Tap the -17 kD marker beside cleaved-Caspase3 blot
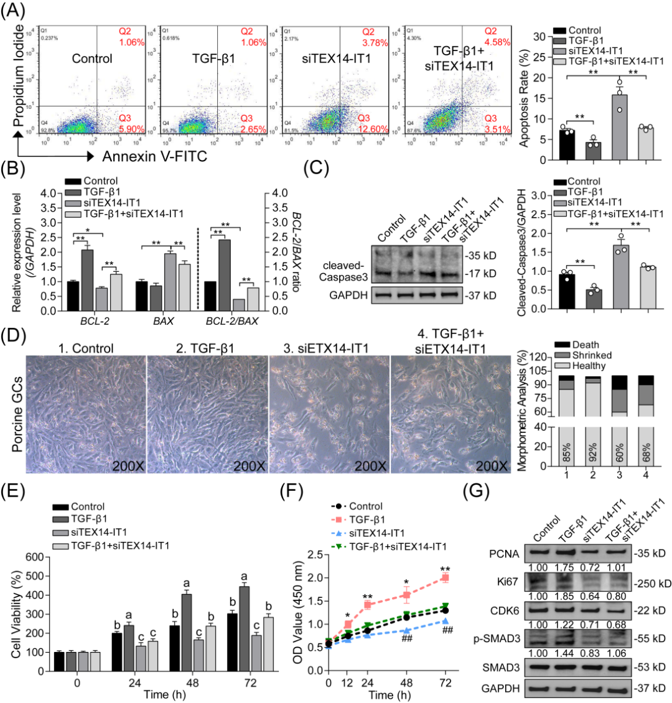[479, 273]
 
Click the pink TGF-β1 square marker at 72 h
[445, 578]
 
